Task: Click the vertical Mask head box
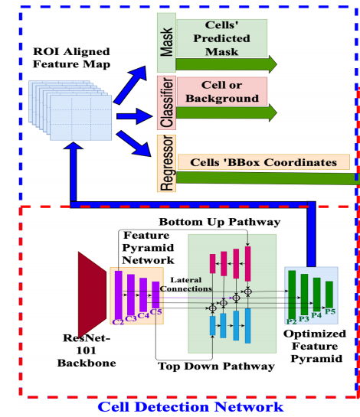[166, 43]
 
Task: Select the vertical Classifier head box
[166, 103]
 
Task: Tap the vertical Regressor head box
[166, 163]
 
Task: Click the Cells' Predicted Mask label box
[222, 38]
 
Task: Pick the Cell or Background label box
[222, 92]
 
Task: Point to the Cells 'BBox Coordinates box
[263, 162]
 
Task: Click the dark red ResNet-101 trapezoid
[92, 295]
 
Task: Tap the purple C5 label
[155, 311]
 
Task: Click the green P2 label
[291, 321]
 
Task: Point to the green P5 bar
[329, 295]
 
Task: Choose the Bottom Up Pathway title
[220, 222]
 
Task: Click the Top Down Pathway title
[216, 367]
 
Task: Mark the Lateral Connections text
[186, 285]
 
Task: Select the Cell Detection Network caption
[191, 407]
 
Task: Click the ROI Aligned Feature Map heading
[71, 57]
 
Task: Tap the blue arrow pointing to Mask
[130, 85]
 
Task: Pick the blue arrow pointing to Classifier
[135, 116]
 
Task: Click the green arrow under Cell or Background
[226, 112]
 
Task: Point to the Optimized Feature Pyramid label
[316, 346]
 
